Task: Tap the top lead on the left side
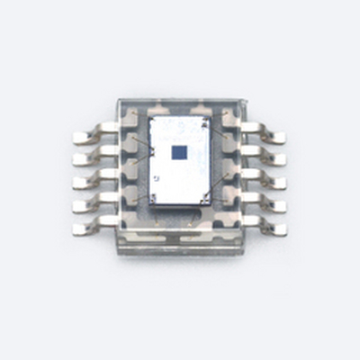[x=86, y=137]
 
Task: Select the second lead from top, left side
[x=86, y=159]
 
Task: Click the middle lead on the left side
[x=86, y=180]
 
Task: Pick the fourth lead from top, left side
[x=86, y=202]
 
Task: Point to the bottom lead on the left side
[x=86, y=224]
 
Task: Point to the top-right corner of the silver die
[x=211, y=118]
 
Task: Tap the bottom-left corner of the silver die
[x=150, y=203]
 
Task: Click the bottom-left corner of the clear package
[x=115, y=252]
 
